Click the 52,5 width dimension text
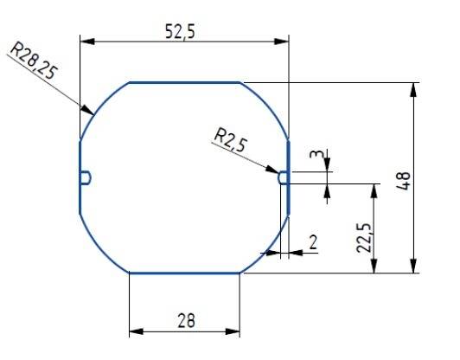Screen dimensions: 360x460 tap(182, 30)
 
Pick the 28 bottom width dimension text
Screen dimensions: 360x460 tap(184, 320)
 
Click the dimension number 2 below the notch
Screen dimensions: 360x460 tap(312, 242)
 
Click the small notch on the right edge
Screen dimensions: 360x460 tap(283, 177)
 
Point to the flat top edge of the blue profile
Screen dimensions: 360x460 tap(184, 82)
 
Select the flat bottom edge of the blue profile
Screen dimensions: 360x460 tap(184, 273)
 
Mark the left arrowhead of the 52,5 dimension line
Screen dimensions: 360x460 tap(85, 40)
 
